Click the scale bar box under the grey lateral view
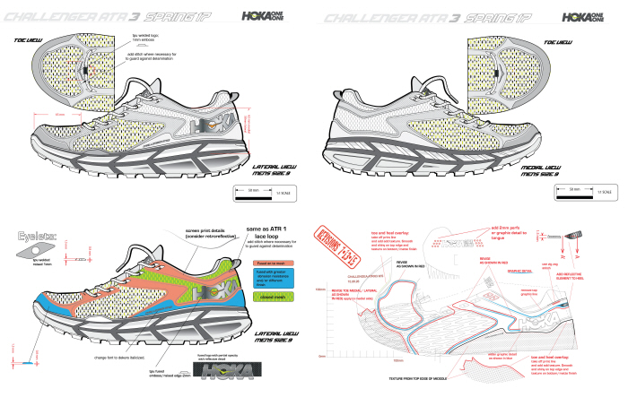(x=261, y=192)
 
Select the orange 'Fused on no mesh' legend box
(x=257, y=262)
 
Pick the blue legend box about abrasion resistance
(x=257, y=277)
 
